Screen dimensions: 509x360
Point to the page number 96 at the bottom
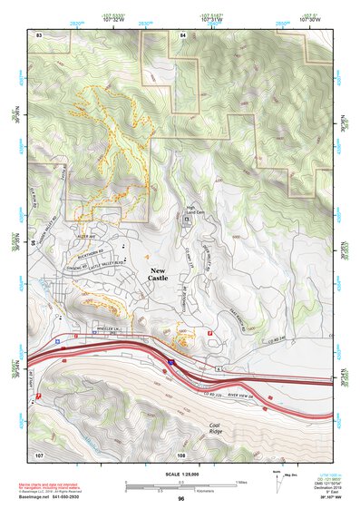click(x=181, y=498)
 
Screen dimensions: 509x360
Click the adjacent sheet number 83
click(x=39, y=34)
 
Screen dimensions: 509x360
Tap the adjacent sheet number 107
click(x=39, y=453)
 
